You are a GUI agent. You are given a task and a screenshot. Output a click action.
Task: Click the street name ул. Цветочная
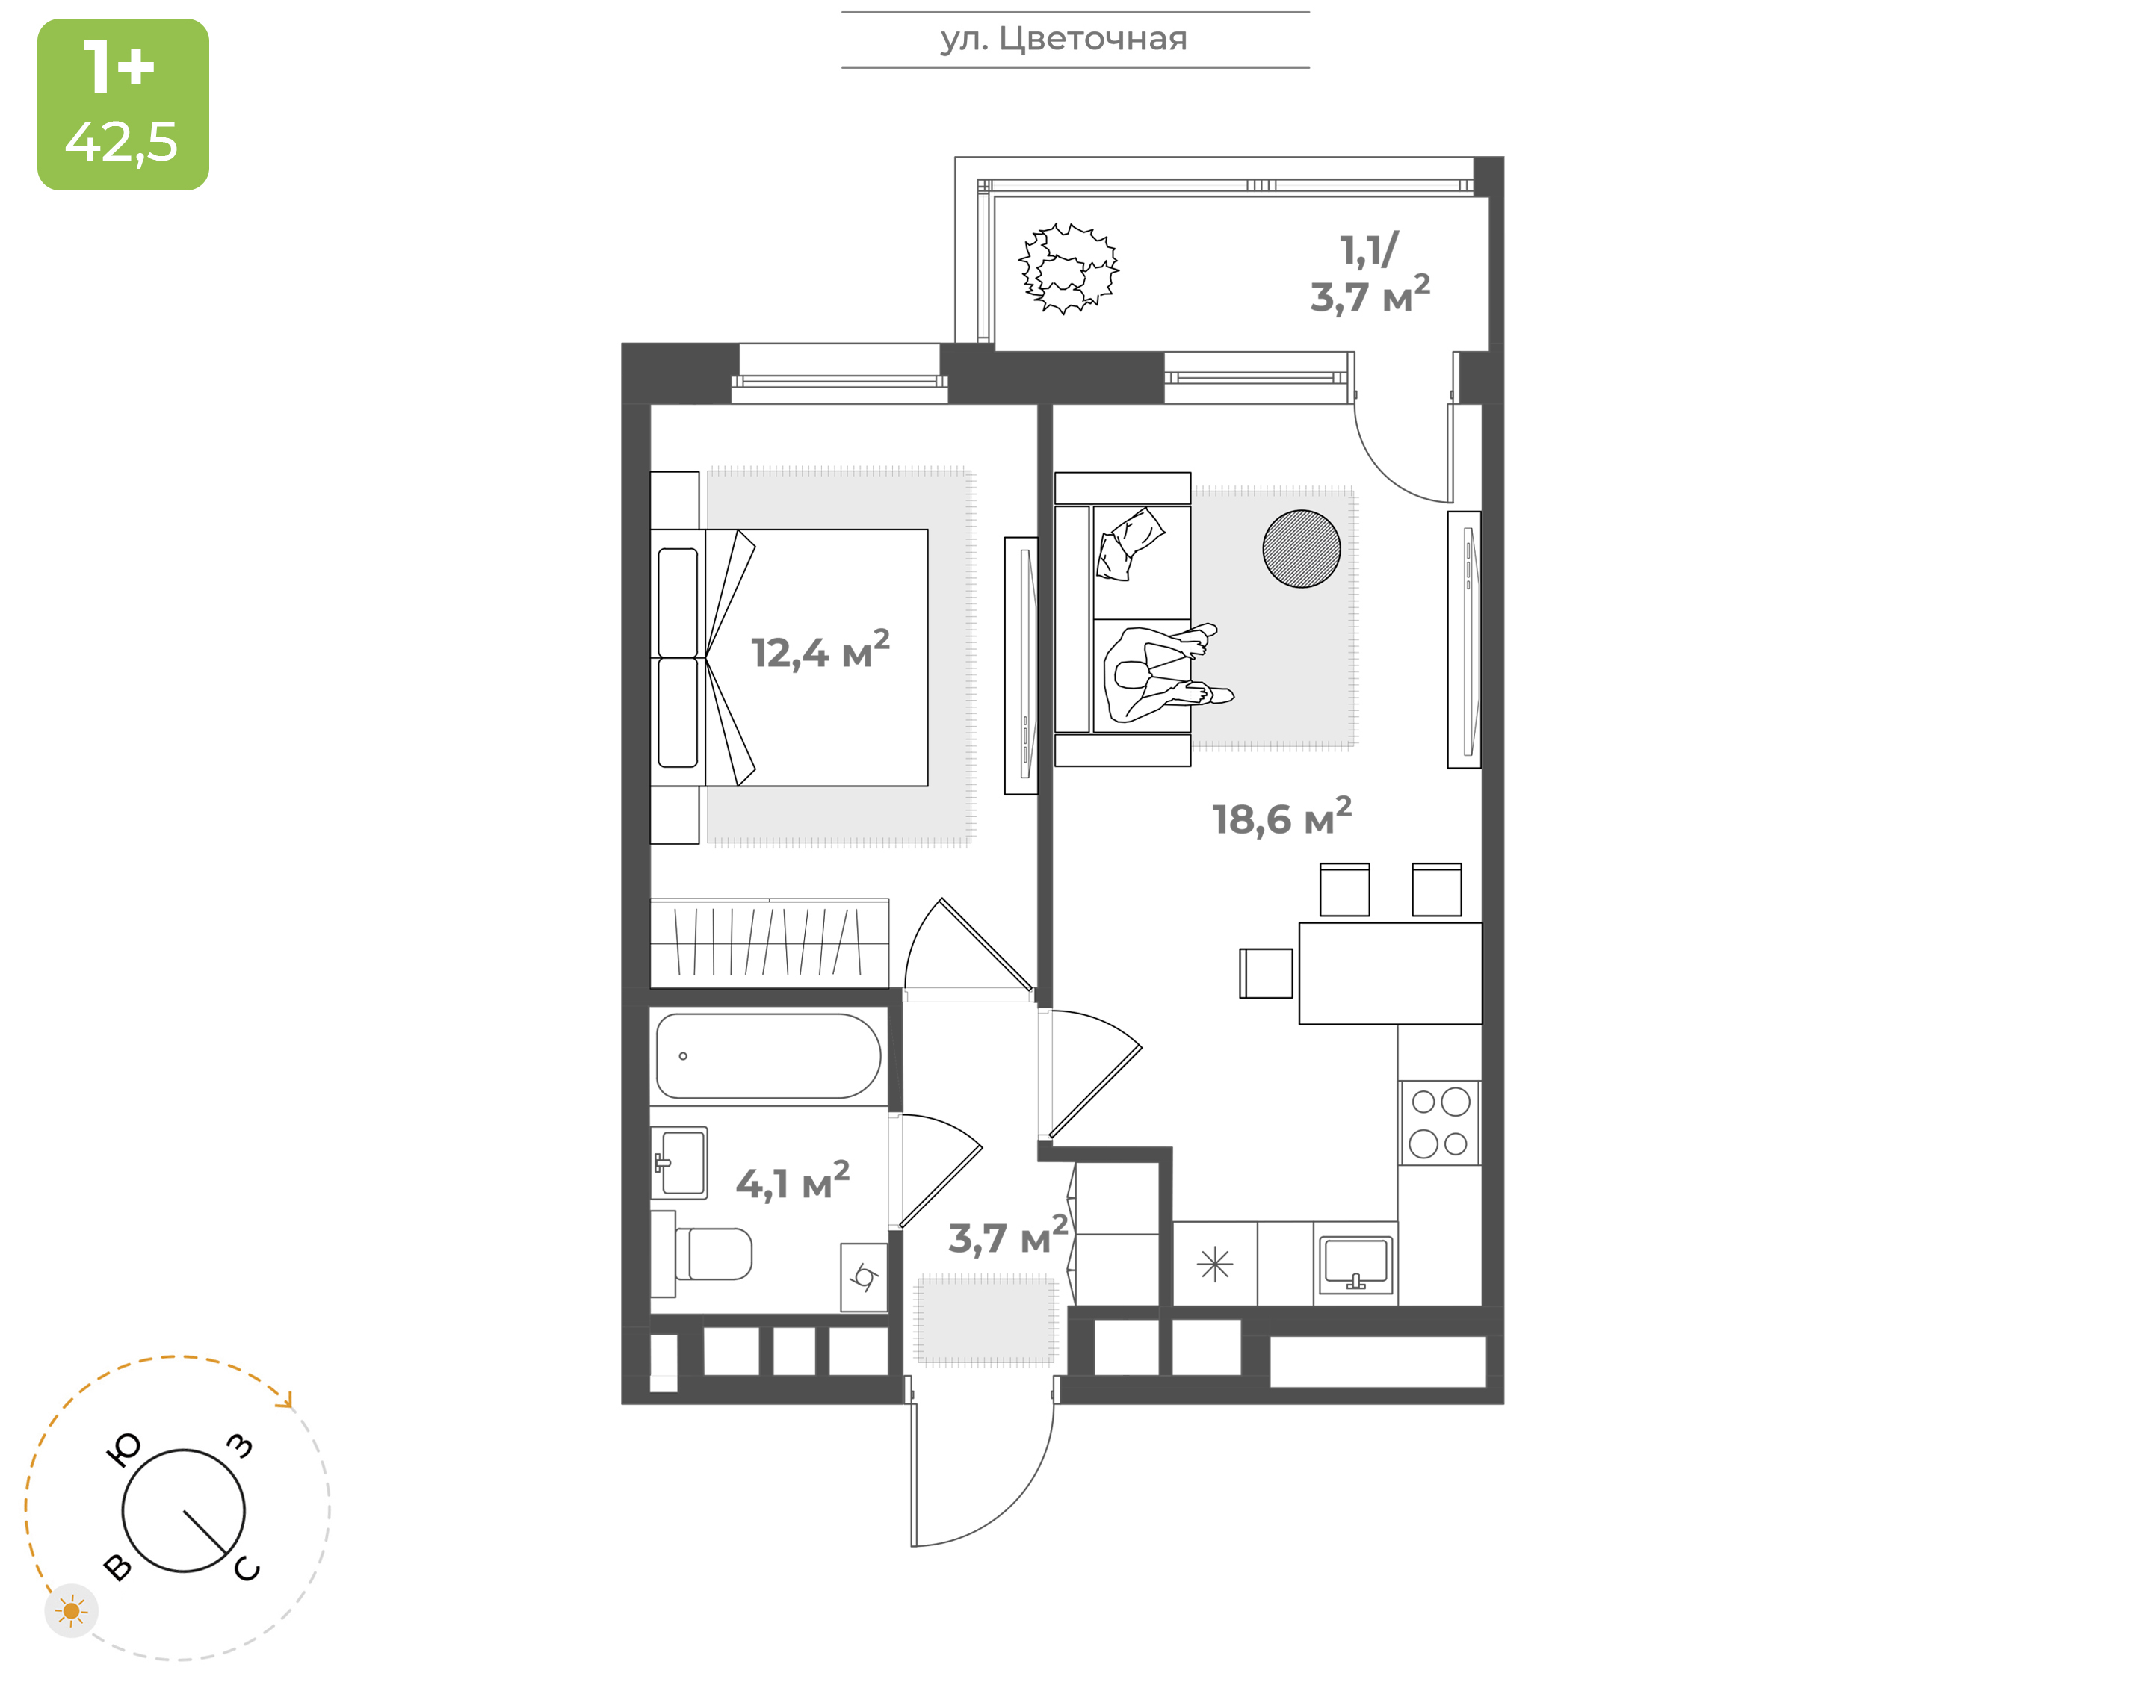point(1063,40)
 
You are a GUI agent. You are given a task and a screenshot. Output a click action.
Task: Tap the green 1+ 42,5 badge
point(123,104)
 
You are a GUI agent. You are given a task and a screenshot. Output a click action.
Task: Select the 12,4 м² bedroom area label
point(820,651)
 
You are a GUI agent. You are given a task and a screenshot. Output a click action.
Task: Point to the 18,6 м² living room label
point(1282,817)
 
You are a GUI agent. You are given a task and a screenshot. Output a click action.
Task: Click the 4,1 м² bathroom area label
point(793,1181)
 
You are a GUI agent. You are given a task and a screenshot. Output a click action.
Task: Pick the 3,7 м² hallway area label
point(1008,1235)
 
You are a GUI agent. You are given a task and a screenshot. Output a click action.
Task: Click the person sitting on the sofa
point(1166,672)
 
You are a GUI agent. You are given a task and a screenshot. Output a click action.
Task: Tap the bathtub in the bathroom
point(768,1055)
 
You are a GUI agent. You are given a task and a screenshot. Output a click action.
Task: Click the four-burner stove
point(1439,1123)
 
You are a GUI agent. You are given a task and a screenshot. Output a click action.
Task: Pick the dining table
point(1390,973)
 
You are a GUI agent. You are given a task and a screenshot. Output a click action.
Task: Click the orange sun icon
point(71,1612)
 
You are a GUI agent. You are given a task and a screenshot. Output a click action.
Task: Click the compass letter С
point(247,1569)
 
